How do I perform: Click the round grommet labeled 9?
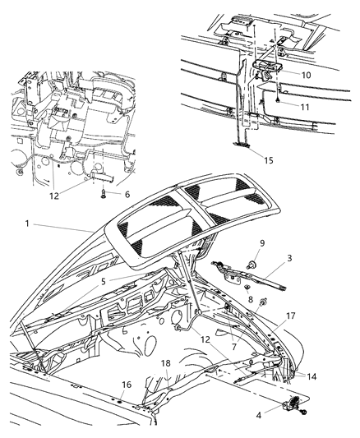[x=247, y=265]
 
